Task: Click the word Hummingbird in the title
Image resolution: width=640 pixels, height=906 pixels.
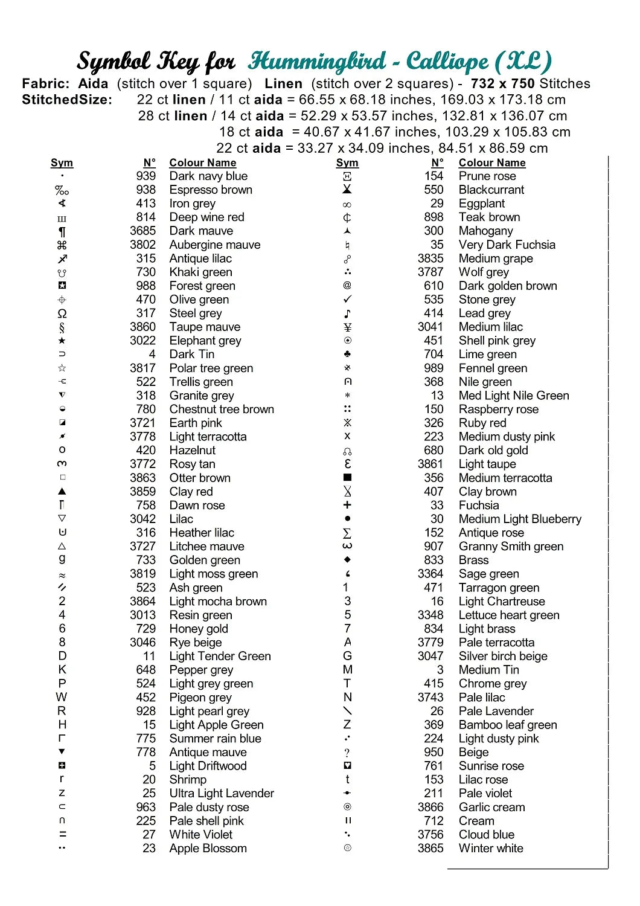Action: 317,61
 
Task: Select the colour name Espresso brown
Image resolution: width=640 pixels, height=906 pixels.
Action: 211,190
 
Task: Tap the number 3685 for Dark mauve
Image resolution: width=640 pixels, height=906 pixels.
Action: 142,231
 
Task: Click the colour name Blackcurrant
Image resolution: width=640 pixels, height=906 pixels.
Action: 491,190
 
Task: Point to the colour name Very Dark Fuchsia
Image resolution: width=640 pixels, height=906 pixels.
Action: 507,245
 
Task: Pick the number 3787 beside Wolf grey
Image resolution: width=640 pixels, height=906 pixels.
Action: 430,272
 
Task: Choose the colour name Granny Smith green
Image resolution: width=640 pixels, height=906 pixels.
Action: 511,547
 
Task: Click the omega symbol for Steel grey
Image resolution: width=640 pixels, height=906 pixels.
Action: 62,313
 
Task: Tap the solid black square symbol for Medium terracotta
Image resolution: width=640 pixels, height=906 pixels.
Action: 347,478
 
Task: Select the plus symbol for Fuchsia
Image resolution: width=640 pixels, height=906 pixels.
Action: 347,505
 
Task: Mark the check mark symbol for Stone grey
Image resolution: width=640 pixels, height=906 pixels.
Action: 347,300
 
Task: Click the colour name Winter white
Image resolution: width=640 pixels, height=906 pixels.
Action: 491,849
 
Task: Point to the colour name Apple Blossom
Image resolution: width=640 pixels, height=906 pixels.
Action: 208,849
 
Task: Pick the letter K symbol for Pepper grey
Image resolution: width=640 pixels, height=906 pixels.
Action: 62,670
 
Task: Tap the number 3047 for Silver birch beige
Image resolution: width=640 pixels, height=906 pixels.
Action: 430,656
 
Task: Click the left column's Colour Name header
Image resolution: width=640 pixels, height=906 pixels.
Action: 202,162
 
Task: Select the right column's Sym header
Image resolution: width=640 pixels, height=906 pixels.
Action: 347,162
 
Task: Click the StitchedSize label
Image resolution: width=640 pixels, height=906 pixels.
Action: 67,100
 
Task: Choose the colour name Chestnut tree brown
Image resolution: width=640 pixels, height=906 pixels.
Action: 222,410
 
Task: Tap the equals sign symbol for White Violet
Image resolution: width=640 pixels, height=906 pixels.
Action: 62,835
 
